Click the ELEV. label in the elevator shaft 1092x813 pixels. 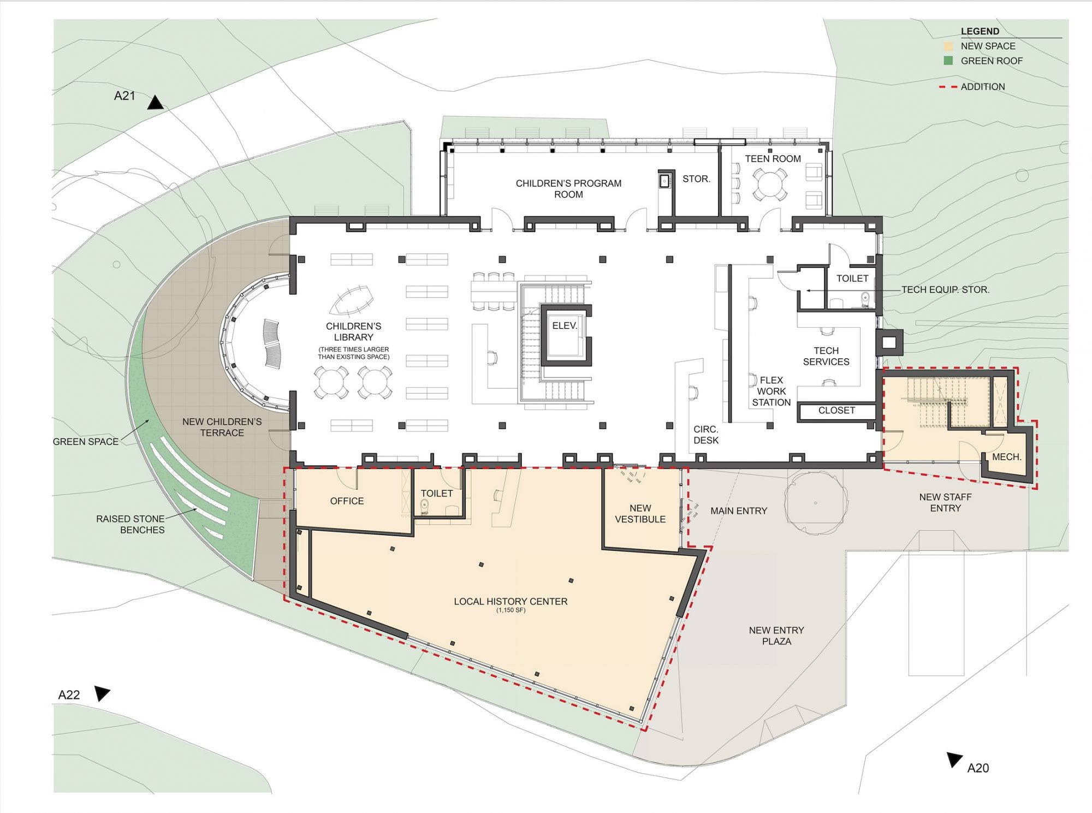click(x=565, y=325)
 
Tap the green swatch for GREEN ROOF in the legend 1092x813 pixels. click(x=948, y=61)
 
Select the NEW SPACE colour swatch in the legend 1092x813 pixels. click(x=948, y=46)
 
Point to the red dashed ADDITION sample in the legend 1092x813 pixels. click(x=948, y=87)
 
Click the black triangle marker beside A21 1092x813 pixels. click(x=155, y=102)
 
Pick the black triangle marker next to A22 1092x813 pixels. click(x=102, y=693)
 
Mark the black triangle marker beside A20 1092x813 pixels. click(x=955, y=759)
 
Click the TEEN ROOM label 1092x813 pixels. click(x=773, y=159)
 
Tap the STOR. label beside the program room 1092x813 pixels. click(x=696, y=179)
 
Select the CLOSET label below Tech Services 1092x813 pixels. click(x=836, y=410)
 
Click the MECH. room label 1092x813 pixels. click(x=1006, y=456)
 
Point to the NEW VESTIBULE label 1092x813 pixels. click(x=640, y=514)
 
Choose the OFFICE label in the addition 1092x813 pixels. click(x=347, y=501)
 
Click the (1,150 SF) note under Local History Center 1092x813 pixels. click(x=511, y=610)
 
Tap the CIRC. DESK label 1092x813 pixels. click(x=706, y=435)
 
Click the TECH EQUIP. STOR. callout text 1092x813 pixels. click(x=945, y=290)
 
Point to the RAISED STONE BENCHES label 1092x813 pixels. click(x=130, y=524)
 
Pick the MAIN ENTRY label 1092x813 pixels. click(x=739, y=511)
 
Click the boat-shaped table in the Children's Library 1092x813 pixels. click(x=352, y=301)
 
